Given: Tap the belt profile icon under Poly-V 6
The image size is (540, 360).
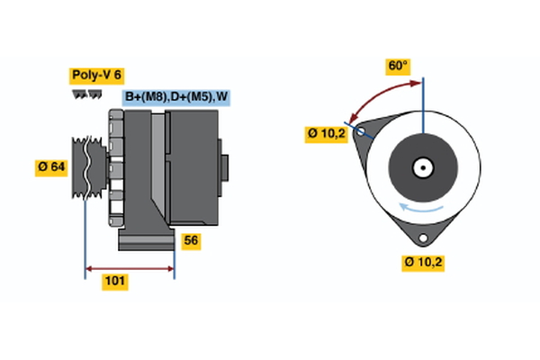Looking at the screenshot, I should pyautogui.click(x=86, y=94).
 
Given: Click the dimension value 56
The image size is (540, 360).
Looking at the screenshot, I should pyautogui.click(x=190, y=240).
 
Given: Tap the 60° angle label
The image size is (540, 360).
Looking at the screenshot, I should pyautogui.click(x=398, y=66).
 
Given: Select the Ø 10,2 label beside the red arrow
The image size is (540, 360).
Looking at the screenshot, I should pyautogui.click(x=327, y=135).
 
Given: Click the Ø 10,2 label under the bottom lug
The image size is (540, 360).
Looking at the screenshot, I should pyautogui.click(x=424, y=263).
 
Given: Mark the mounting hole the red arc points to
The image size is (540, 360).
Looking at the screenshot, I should pyautogui.click(x=362, y=131).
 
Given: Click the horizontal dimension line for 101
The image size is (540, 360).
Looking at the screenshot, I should pyautogui.click(x=130, y=267).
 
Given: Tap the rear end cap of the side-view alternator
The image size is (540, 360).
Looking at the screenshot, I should pyautogui.click(x=223, y=166).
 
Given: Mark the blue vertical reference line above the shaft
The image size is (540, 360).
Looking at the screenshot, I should pyautogui.click(x=423, y=103).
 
